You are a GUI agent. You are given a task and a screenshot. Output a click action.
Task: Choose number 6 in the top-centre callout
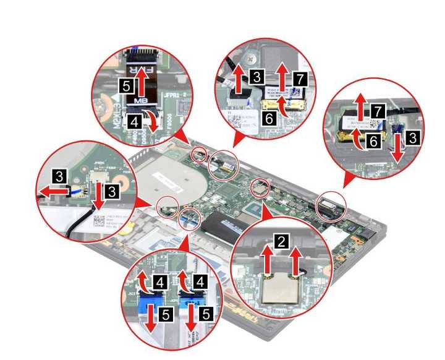tap(268, 114)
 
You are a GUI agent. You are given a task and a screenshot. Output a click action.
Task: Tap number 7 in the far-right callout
tap(377, 111)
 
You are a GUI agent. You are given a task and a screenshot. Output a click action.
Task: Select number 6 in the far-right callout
tap(373, 141)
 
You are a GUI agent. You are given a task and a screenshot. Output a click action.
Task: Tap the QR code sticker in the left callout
tap(103, 221)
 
